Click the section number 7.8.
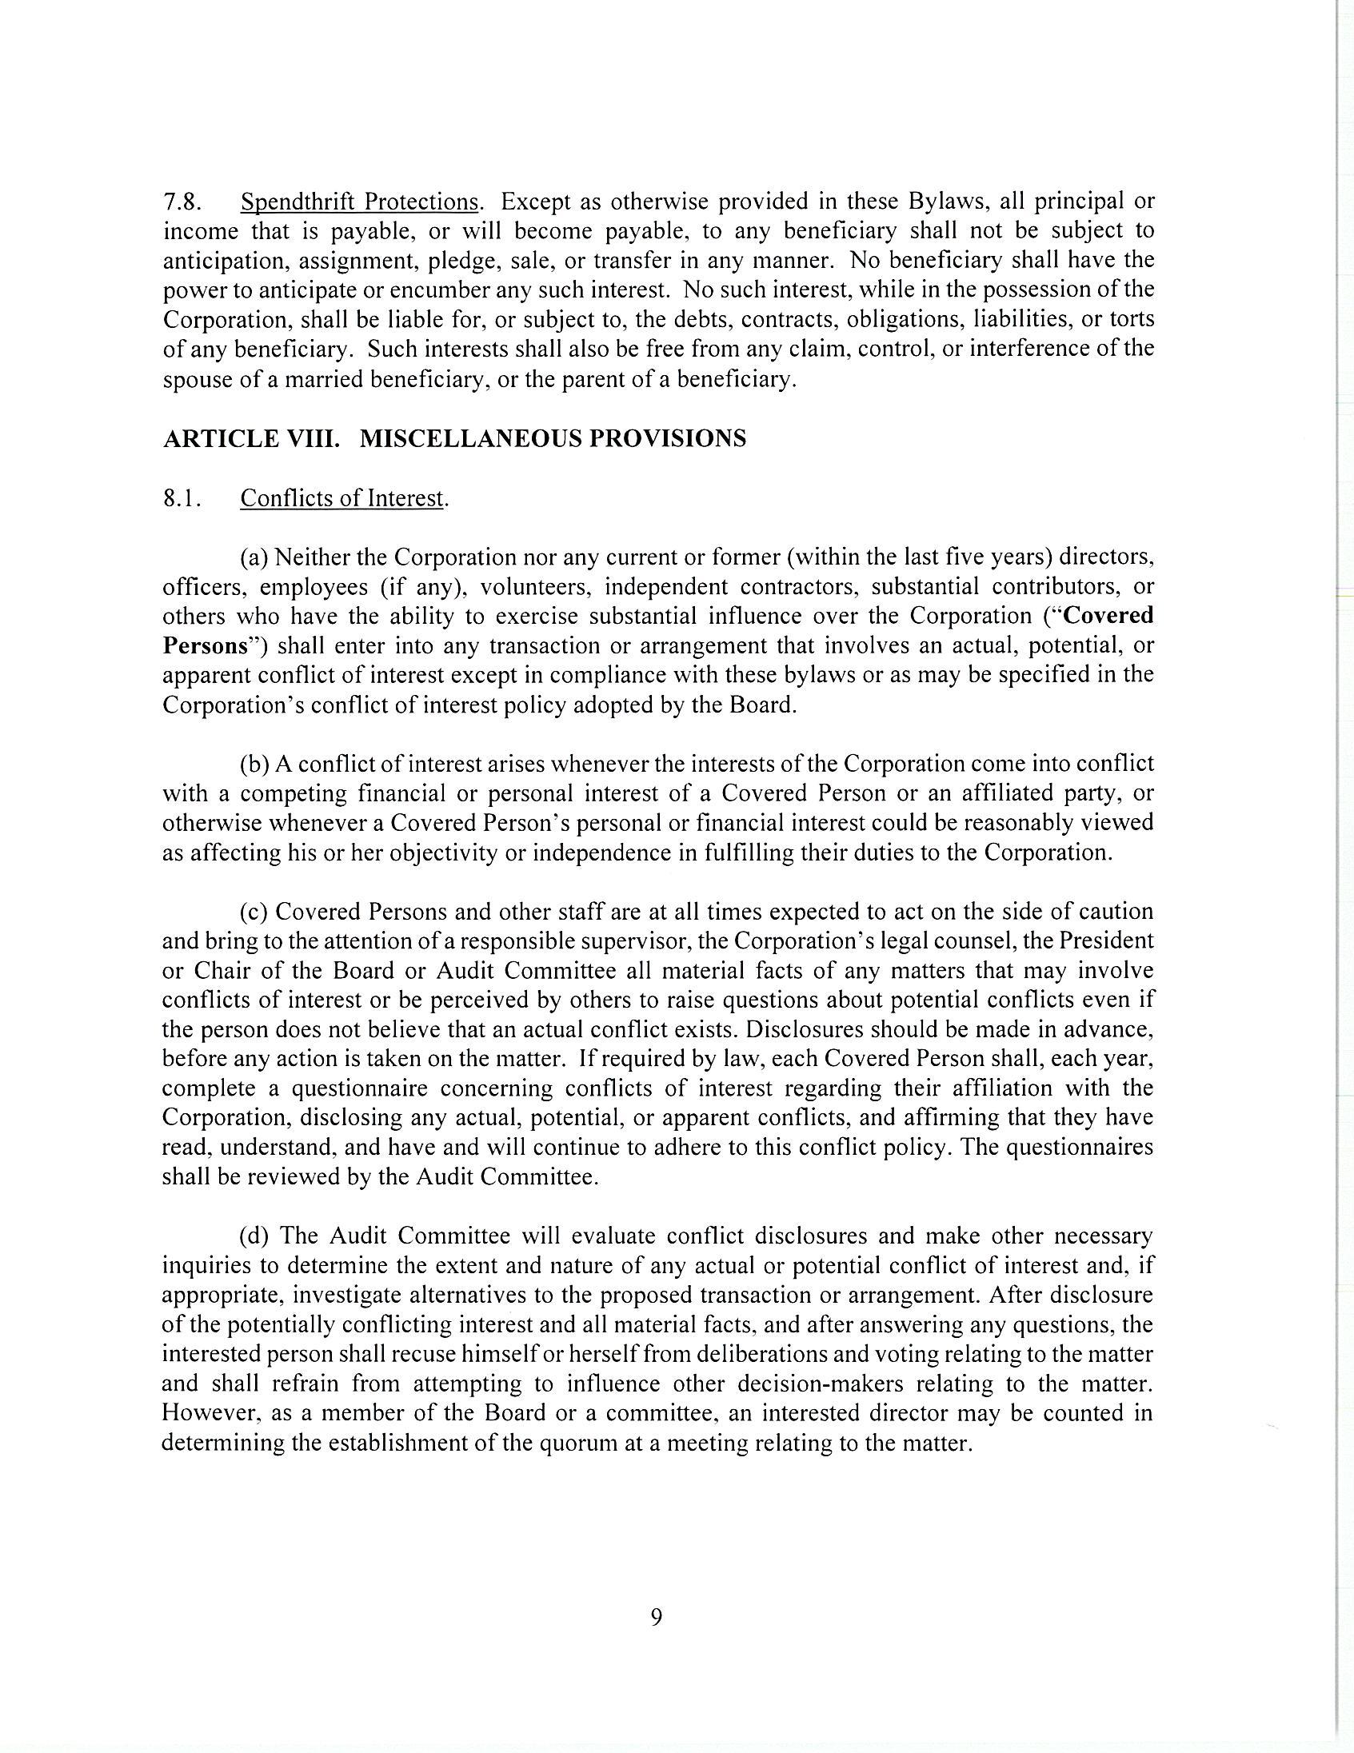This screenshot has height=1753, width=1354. pos(182,201)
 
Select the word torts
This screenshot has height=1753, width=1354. pos(1131,319)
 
